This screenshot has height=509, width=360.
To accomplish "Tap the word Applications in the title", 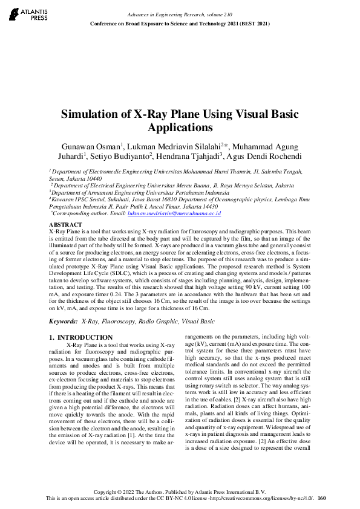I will point(180,128).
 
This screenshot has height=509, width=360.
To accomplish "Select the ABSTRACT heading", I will point(64,224).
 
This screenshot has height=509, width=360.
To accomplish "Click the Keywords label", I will point(62,322).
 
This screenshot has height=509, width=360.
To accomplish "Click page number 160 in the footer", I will point(321,498).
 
